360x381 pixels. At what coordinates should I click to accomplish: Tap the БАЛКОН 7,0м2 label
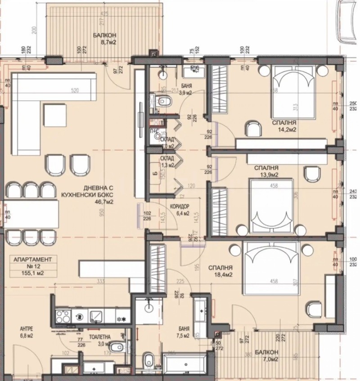click(264, 356)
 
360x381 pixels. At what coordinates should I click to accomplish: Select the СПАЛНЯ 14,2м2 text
click(283, 126)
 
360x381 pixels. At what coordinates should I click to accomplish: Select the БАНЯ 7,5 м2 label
click(183, 332)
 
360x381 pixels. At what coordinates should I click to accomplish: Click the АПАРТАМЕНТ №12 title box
click(30, 266)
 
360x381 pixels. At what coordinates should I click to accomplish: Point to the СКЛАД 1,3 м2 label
click(167, 162)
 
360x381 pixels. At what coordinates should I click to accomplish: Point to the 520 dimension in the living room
click(81, 91)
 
